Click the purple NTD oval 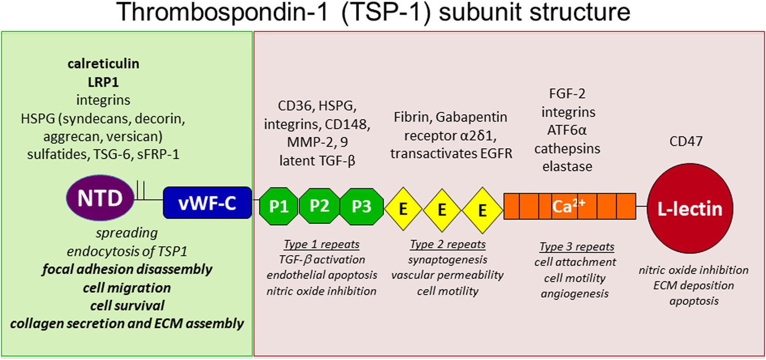(100, 198)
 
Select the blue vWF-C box (207, 203)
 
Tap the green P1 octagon (278, 206)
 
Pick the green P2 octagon (319, 206)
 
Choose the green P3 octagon (361, 206)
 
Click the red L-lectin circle (690, 209)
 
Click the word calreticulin (103, 64)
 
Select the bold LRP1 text (103, 82)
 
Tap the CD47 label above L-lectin (686, 141)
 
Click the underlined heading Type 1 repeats (321, 244)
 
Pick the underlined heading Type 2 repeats (448, 244)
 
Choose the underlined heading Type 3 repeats (576, 247)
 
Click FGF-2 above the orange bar (567, 94)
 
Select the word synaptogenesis (448, 260)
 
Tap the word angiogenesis (575, 294)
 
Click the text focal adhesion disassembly (127, 269)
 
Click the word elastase (567, 166)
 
